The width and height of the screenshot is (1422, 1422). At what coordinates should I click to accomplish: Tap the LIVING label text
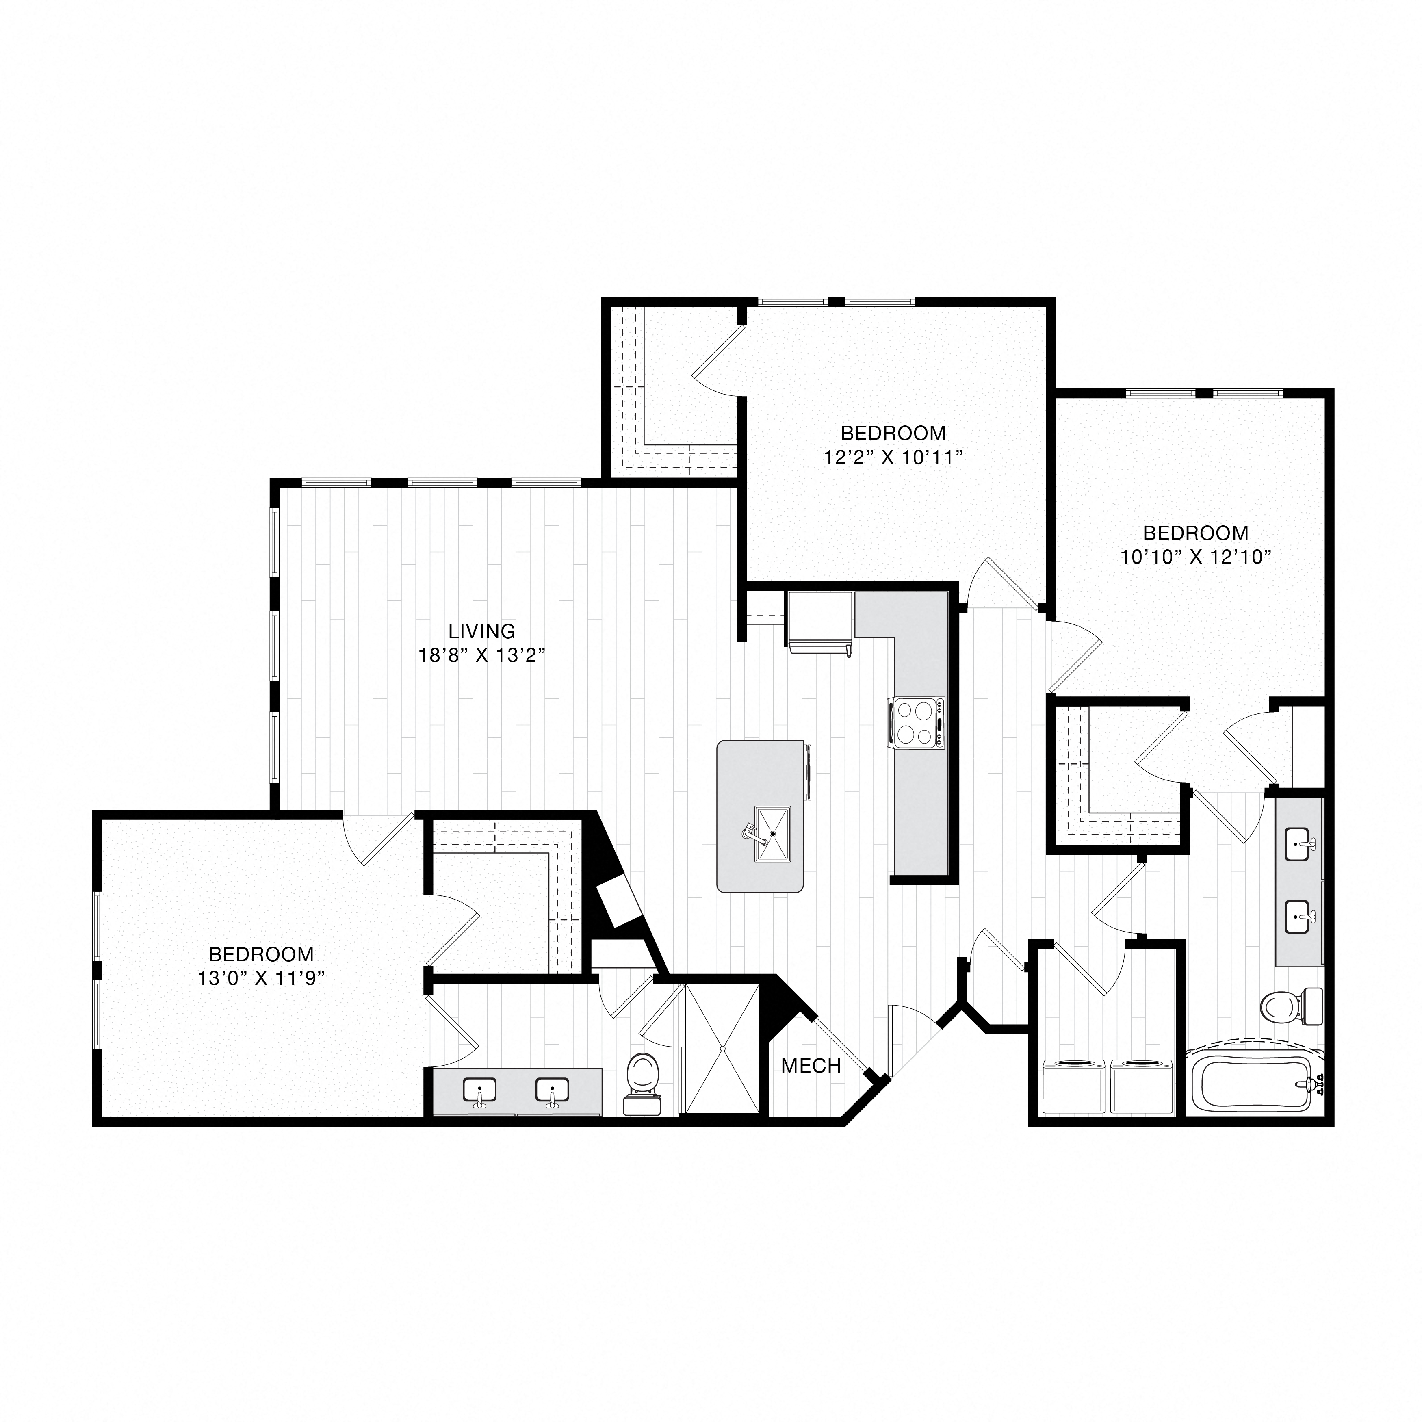tap(482, 631)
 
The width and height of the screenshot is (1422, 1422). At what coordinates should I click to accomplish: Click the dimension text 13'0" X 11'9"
tap(261, 979)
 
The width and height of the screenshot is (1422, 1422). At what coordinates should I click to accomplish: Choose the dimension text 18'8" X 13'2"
tap(482, 655)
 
